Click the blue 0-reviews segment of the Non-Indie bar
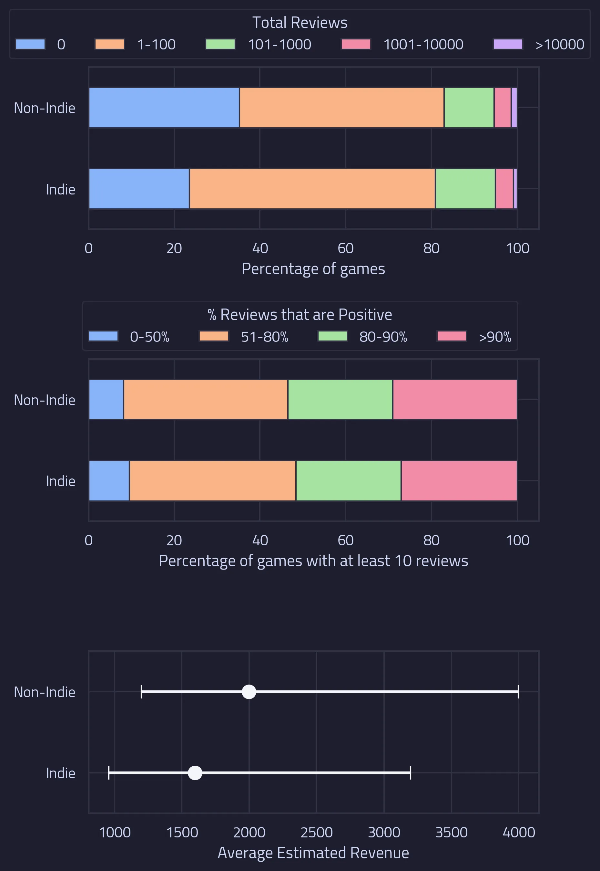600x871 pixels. (x=164, y=108)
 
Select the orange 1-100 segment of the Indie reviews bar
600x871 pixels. (x=312, y=188)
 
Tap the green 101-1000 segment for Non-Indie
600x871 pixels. (x=469, y=108)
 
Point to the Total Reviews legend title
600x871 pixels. (x=300, y=23)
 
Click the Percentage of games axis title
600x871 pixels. (x=313, y=269)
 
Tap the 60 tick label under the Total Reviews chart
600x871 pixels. (x=345, y=248)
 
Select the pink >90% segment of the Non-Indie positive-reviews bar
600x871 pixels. (x=455, y=400)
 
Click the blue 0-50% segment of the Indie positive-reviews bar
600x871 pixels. (x=109, y=480)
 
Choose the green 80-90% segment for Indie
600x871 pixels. (x=349, y=480)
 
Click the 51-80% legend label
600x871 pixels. (x=264, y=337)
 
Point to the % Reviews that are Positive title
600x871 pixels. (x=300, y=315)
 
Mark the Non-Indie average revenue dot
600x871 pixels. (x=249, y=691)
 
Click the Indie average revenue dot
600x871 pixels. (x=195, y=773)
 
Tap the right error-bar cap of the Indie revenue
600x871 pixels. (x=410, y=773)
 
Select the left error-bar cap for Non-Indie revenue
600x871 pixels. (x=141, y=691)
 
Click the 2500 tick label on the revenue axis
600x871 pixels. (x=316, y=832)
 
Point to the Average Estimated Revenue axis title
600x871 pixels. (x=313, y=853)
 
